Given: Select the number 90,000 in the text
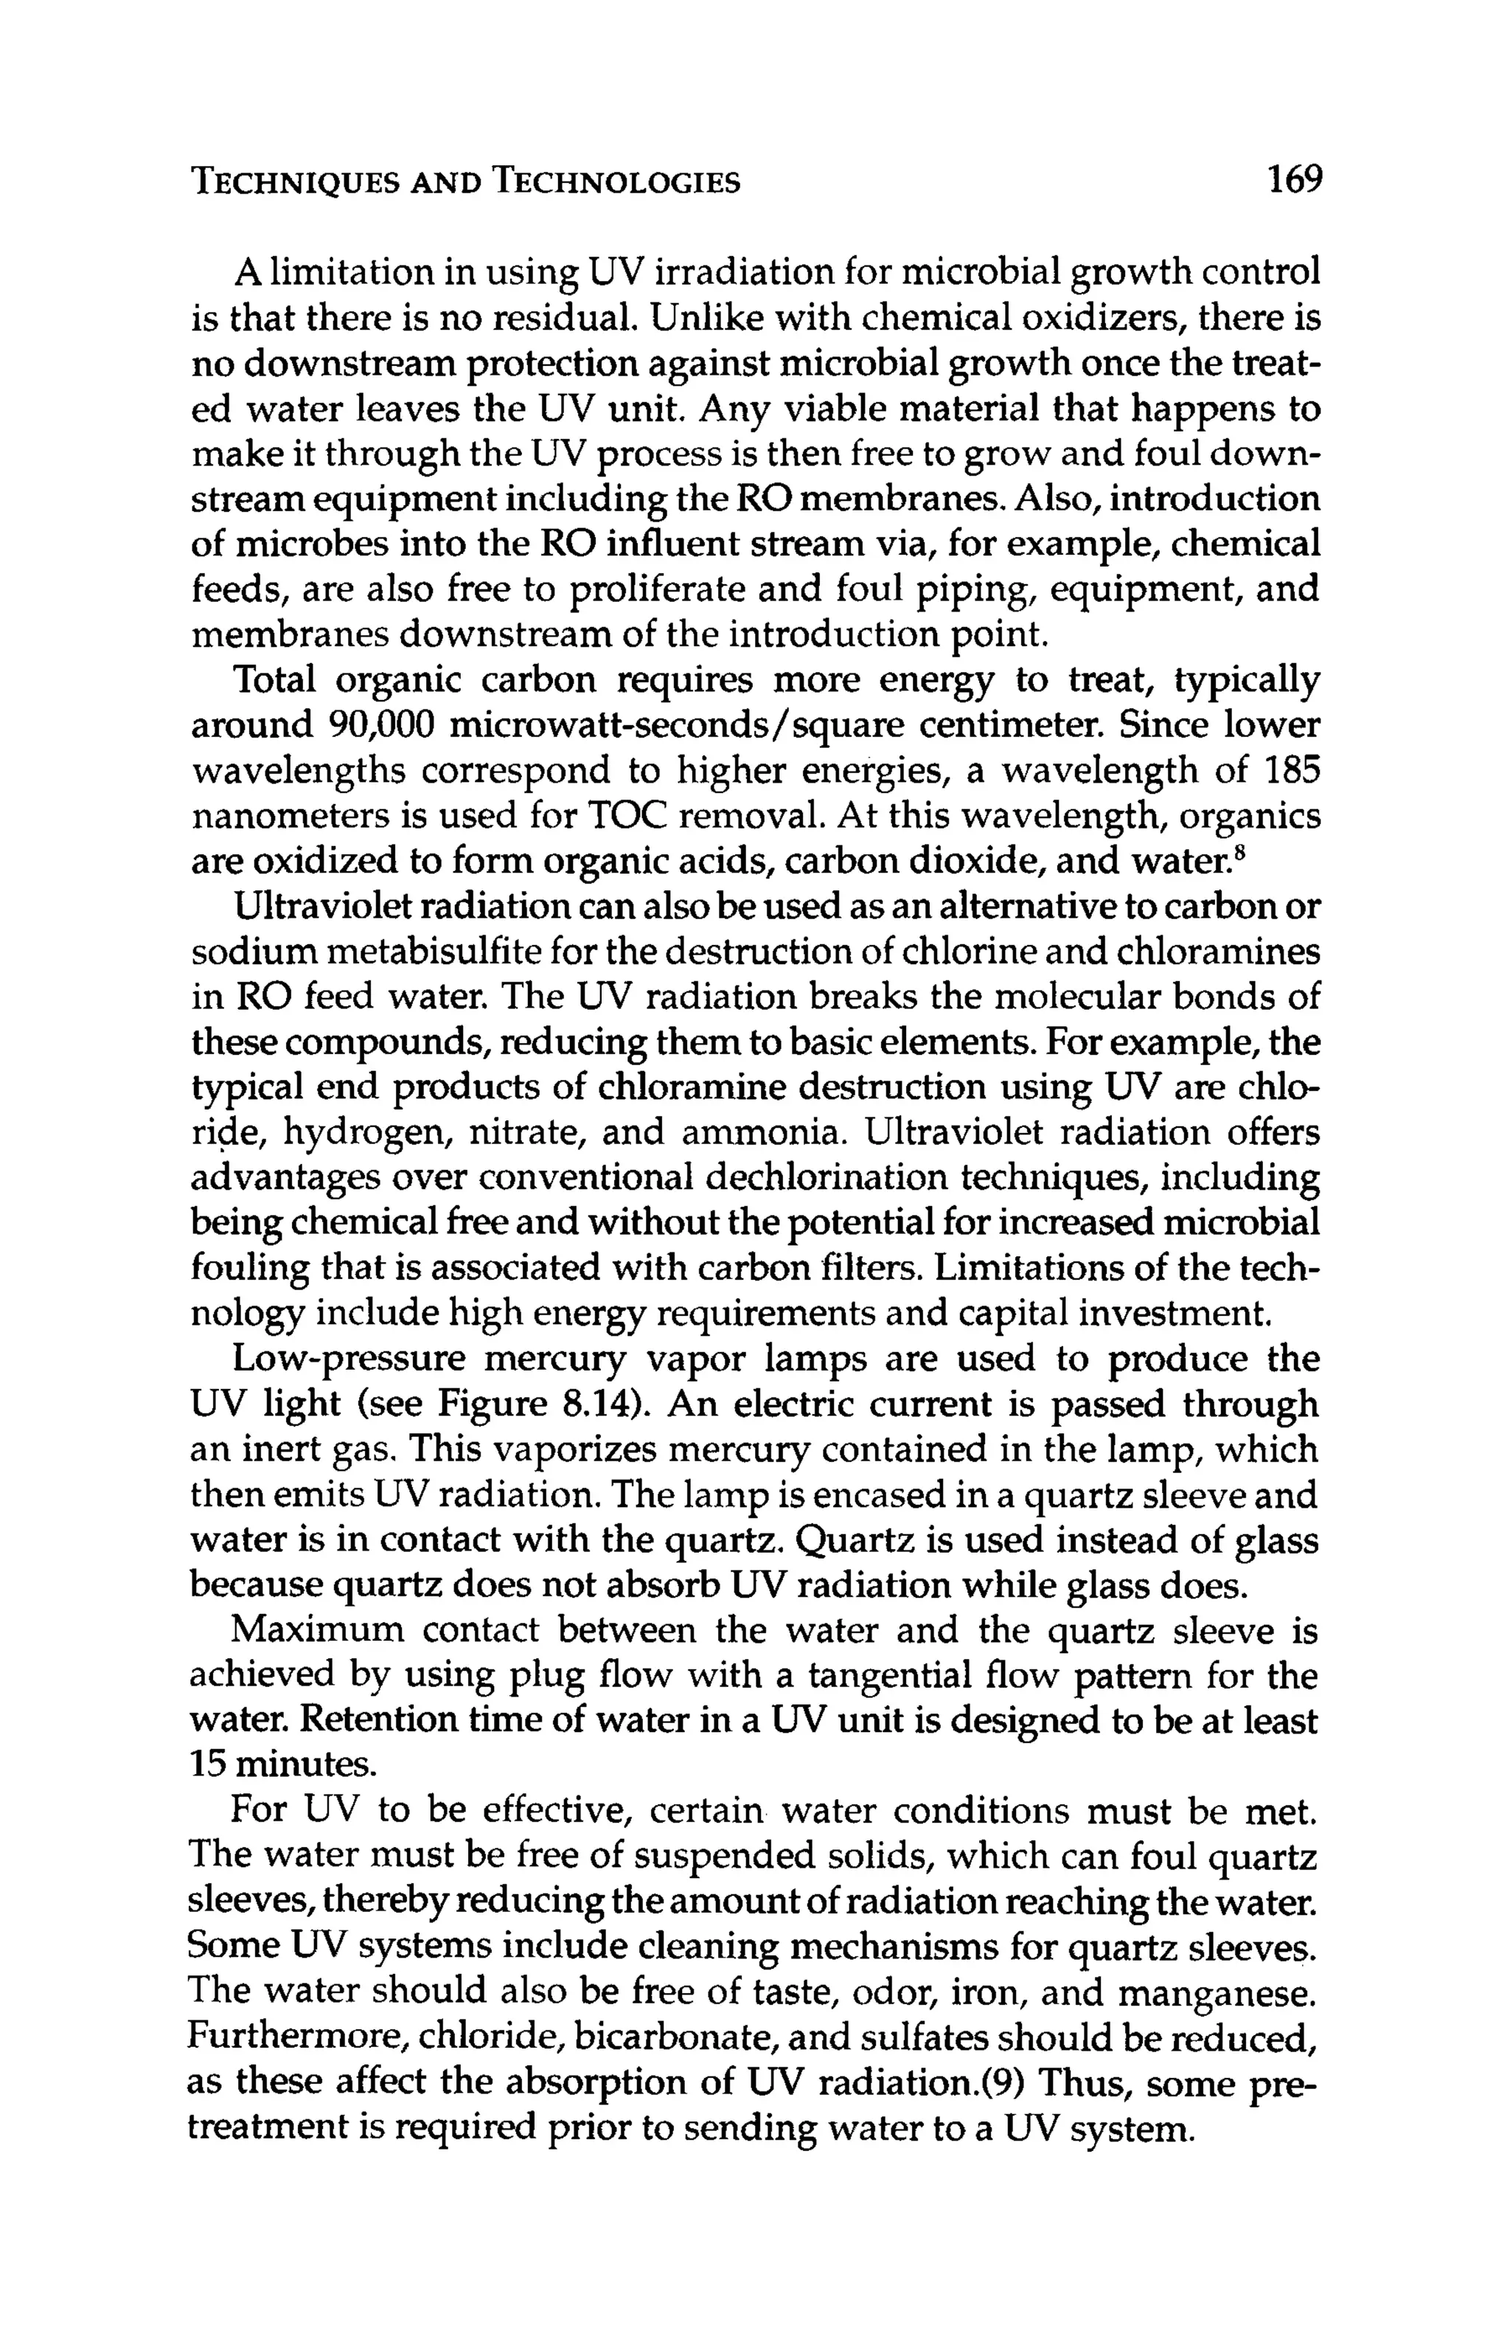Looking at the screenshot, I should pos(377,727).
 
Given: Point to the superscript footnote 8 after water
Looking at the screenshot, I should pos(1240,853).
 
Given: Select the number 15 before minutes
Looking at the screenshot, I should pos(207,1767).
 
